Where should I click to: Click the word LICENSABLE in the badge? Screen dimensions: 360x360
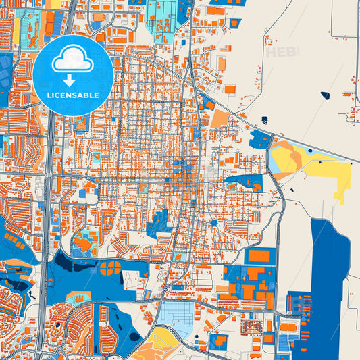[x=73, y=95]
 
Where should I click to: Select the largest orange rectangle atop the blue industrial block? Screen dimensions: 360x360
[x=258, y=256]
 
